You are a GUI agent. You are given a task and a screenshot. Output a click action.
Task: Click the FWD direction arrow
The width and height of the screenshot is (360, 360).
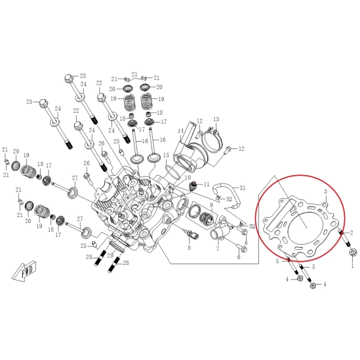pos(24,271)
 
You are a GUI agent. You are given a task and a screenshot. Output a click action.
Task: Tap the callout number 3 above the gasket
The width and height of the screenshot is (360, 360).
pos(325,191)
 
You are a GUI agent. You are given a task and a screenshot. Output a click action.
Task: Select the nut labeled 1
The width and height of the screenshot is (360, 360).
pos(352,252)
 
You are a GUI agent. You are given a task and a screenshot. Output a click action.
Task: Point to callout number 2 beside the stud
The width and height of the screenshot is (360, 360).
pos(351,233)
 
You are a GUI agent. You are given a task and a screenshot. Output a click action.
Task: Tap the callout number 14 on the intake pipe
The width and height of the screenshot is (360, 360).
pos(181,130)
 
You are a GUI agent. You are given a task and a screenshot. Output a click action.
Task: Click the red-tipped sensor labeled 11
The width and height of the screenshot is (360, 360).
pos(193,186)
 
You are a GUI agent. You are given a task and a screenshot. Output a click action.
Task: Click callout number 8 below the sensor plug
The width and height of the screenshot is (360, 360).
pos(189,248)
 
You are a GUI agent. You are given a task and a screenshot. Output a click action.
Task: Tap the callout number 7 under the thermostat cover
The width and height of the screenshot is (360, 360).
pos(218,248)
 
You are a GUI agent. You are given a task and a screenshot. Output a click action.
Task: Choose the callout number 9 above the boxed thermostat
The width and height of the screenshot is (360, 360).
pos(211,205)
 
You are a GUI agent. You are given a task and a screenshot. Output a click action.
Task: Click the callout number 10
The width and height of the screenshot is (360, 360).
pos(188,178)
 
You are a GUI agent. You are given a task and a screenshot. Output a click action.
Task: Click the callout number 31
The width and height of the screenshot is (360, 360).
pos(243,188)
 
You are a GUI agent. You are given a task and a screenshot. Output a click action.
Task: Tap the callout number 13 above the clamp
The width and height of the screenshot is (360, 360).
pos(216,119)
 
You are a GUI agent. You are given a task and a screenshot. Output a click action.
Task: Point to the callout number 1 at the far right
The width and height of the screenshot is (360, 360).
pos(353,266)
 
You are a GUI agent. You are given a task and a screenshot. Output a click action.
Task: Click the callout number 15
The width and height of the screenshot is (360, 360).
pos(166,155)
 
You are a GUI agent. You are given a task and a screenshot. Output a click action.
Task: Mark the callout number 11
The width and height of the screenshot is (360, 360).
pos(207,184)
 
